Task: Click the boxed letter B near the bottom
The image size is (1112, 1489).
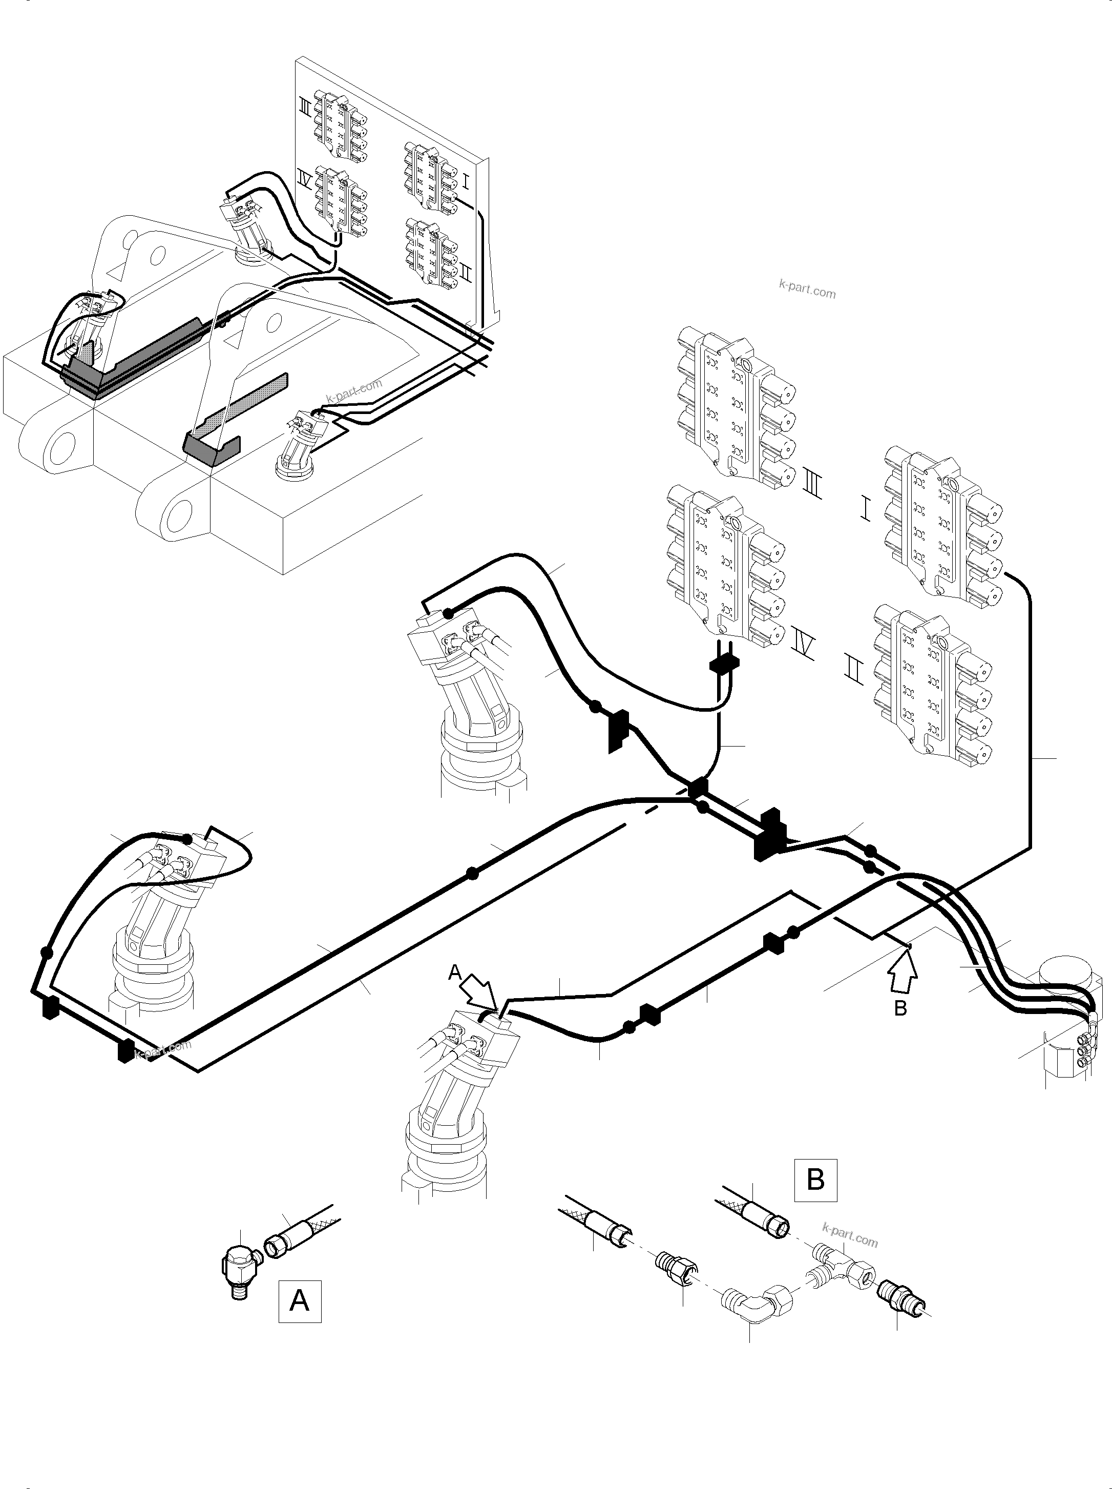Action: pyautogui.click(x=815, y=1180)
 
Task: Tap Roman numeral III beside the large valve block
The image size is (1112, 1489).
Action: pyautogui.click(x=813, y=485)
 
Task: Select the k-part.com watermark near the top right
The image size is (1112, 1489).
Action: pyautogui.click(x=807, y=292)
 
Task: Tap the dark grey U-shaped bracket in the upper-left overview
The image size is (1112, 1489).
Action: pyautogui.click(x=211, y=446)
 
